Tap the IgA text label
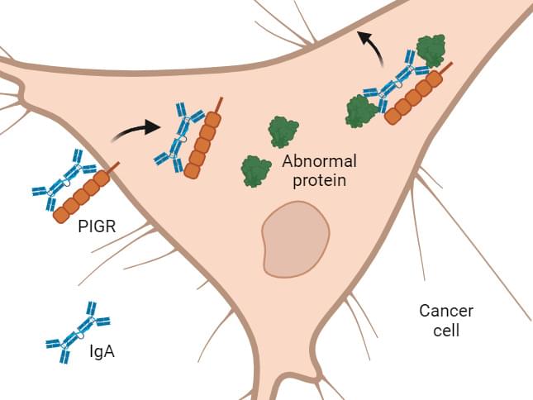tap(102, 352)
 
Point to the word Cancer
tap(445, 312)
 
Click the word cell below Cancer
tap(446, 331)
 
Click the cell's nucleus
tap(295, 239)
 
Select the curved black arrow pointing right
tap(136, 127)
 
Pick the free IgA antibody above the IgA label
tap(78, 333)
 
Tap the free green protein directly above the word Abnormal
tap(283, 131)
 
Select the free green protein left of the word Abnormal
tap(256, 171)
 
